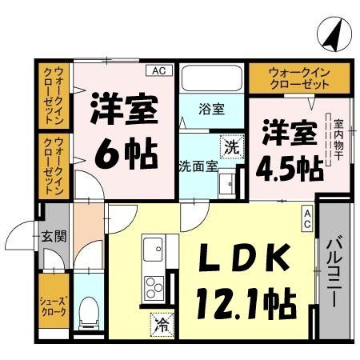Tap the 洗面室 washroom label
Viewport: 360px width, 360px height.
(198, 166)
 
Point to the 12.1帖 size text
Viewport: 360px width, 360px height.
(245, 302)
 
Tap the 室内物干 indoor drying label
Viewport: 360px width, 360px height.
(338, 142)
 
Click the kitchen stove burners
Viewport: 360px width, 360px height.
(154, 287)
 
